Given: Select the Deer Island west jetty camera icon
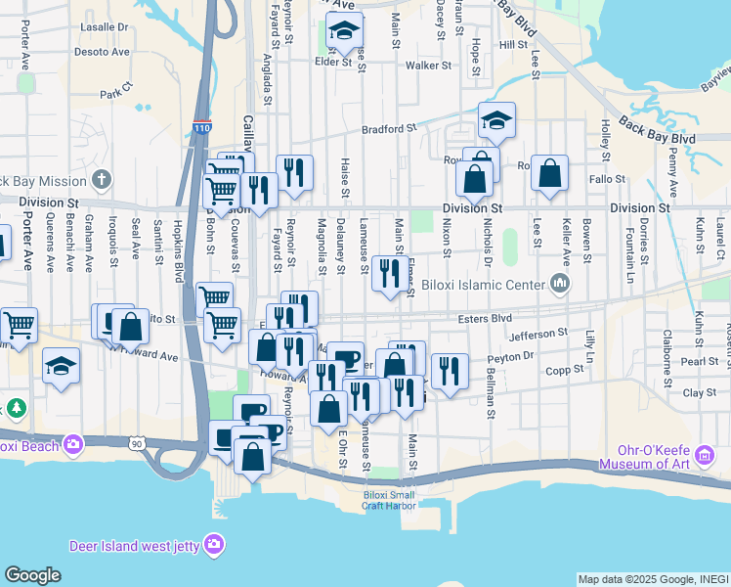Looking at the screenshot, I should [x=213, y=544].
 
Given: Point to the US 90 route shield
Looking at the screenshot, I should [x=135, y=444].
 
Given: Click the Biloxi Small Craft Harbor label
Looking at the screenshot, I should [x=388, y=500].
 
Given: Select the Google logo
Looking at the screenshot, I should [x=32, y=574].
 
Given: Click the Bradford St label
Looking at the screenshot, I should [x=389, y=128].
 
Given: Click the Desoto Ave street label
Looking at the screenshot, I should [x=103, y=52].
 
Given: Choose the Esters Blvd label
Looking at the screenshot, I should [x=485, y=318].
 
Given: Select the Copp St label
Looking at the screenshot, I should [x=564, y=371].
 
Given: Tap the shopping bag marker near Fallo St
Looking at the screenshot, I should [x=550, y=173].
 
